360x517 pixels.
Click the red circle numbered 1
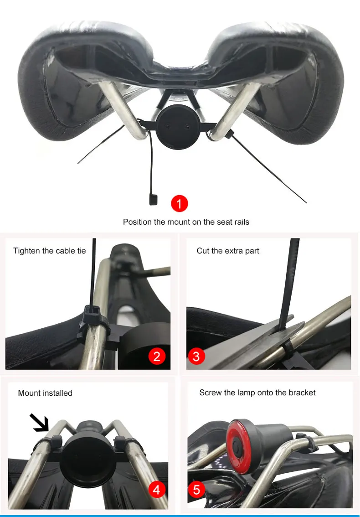click(x=179, y=203)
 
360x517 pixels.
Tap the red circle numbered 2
click(x=157, y=356)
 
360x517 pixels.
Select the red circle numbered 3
click(x=196, y=356)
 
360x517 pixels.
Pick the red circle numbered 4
click(x=157, y=490)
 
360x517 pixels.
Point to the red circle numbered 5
click(x=196, y=490)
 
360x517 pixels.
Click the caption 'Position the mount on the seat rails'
click(x=186, y=222)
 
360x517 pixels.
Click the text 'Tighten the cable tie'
click(x=49, y=251)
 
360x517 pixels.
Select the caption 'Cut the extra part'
click(x=228, y=251)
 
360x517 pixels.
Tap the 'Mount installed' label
click(x=45, y=393)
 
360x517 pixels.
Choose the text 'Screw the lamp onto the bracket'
click(x=257, y=393)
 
